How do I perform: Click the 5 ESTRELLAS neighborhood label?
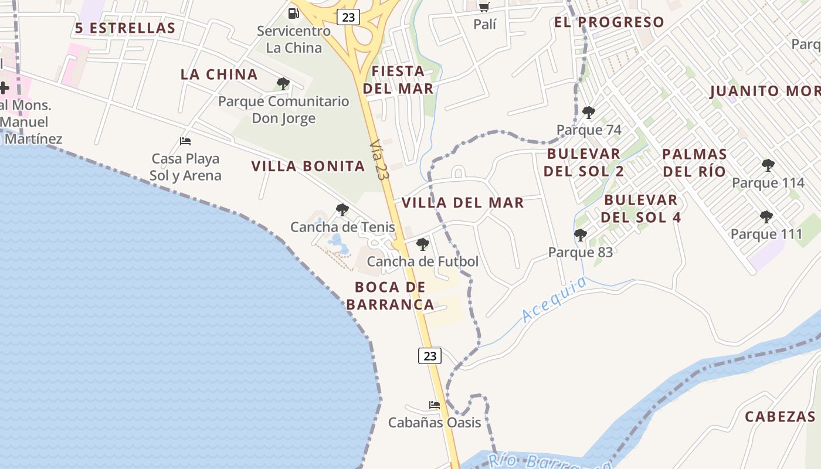[125, 28]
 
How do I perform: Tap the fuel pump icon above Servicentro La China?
[293, 13]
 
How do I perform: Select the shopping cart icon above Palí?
[484, 7]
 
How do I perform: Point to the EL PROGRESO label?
[609, 22]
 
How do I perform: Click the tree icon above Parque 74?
[588, 113]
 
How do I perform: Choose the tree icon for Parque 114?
[768, 165]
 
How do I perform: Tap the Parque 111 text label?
[766, 235]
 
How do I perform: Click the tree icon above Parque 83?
[580, 235]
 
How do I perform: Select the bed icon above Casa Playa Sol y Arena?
[185, 141]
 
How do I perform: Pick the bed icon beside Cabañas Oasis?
[434, 405]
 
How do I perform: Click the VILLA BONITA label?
[308, 166]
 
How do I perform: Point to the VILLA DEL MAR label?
[463, 203]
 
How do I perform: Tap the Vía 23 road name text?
[380, 155]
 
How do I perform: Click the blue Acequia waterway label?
[554, 300]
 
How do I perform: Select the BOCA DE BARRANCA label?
[390, 296]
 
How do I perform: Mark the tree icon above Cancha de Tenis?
[342, 209]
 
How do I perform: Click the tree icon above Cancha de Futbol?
[422, 244]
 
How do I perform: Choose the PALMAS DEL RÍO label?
[694, 163]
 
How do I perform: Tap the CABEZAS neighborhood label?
[780, 417]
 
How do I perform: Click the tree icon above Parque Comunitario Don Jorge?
[283, 84]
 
